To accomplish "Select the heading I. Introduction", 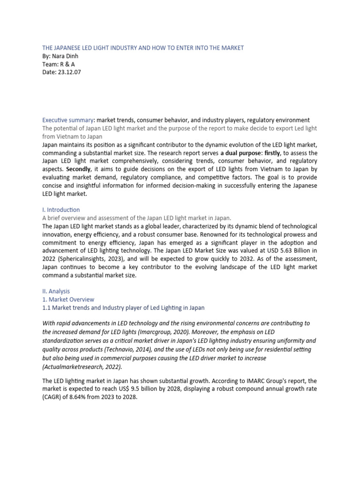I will coord(61,210).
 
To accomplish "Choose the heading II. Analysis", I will coord(56,291).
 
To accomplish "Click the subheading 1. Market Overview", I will coord(68,299).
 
